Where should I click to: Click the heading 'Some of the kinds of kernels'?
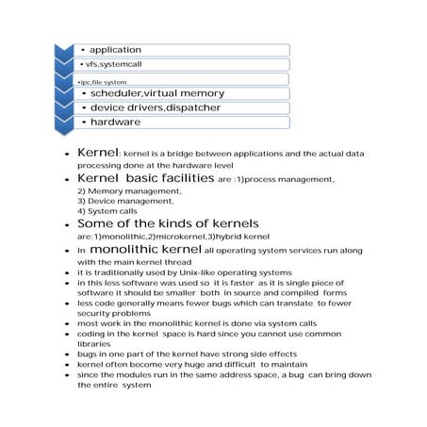click(x=155, y=223)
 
